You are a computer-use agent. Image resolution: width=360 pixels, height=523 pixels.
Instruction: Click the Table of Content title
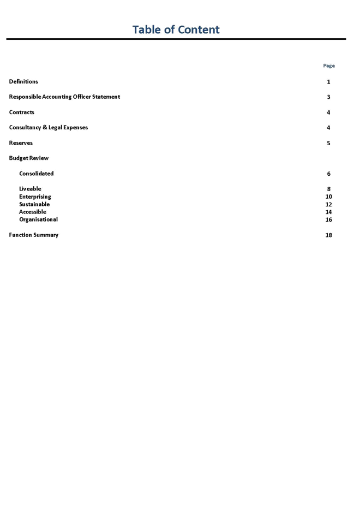pos(176,29)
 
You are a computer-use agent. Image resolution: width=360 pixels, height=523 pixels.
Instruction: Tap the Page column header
pos(329,66)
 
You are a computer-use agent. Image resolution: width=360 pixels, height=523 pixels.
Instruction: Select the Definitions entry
pos(23,81)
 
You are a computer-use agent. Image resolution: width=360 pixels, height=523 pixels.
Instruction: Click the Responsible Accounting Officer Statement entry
pos(64,97)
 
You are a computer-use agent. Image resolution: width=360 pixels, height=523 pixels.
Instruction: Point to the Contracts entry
pos(22,112)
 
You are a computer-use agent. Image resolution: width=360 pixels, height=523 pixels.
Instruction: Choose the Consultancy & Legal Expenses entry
pos(49,127)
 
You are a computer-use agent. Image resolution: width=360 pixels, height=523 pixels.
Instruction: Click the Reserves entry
pos(21,142)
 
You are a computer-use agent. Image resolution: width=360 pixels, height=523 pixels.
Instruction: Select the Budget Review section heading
pos(29,158)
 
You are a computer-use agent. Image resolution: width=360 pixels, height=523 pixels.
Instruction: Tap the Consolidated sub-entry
pos(37,174)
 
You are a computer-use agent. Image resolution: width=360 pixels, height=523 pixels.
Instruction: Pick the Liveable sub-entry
pos(30,189)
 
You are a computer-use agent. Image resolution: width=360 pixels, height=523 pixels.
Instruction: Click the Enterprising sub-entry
pos(35,197)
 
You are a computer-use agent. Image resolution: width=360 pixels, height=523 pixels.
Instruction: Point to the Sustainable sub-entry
pos(34,204)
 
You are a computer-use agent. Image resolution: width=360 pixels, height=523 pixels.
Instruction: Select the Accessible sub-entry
pos(33,212)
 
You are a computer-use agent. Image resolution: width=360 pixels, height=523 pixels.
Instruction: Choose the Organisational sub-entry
pos(38,219)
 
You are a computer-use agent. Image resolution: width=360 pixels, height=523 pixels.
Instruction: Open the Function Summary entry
pos(34,235)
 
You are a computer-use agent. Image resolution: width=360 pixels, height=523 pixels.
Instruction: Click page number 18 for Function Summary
pos(329,235)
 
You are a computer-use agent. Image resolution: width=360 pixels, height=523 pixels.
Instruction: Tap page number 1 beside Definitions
pos(329,82)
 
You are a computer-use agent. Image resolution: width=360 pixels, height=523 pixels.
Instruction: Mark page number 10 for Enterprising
pos(329,197)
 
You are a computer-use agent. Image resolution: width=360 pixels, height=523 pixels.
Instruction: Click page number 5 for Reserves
pos(329,143)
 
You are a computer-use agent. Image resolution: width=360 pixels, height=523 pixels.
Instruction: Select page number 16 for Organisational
pos(329,220)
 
